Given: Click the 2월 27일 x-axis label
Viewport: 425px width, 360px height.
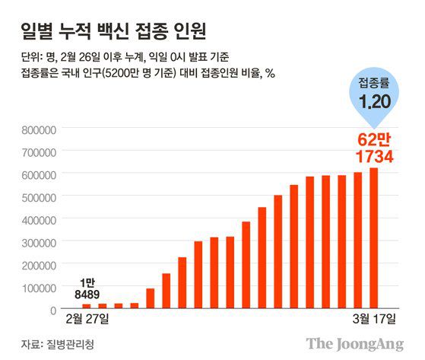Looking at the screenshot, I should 87,317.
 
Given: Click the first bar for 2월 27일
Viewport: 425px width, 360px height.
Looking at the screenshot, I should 87,305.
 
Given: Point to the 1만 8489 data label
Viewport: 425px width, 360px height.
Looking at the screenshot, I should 87,286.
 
